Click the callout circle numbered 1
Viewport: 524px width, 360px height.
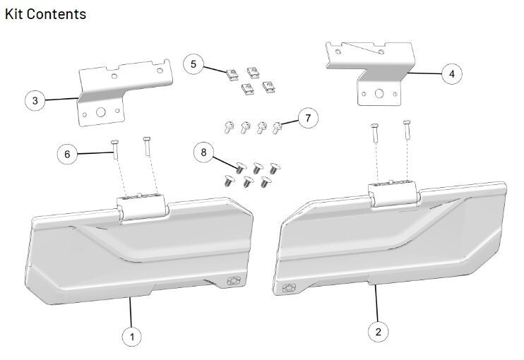click(x=131, y=337)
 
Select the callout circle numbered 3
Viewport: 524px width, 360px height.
click(x=35, y=100)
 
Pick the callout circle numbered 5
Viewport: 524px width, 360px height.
click(x=193, y=64)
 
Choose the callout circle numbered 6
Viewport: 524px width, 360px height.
click(x=68, y=153)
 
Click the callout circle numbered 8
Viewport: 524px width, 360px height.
click(x=204, y=152)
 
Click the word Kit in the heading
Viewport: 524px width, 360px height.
click(x=16, y=14)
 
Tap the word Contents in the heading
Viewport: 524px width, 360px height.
click(x=59, y=14)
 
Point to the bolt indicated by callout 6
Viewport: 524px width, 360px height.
click(x=114, y=150)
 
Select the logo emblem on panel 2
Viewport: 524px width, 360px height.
click(x=289, y=288)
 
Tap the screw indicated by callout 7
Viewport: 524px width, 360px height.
click(x=278, y=127)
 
